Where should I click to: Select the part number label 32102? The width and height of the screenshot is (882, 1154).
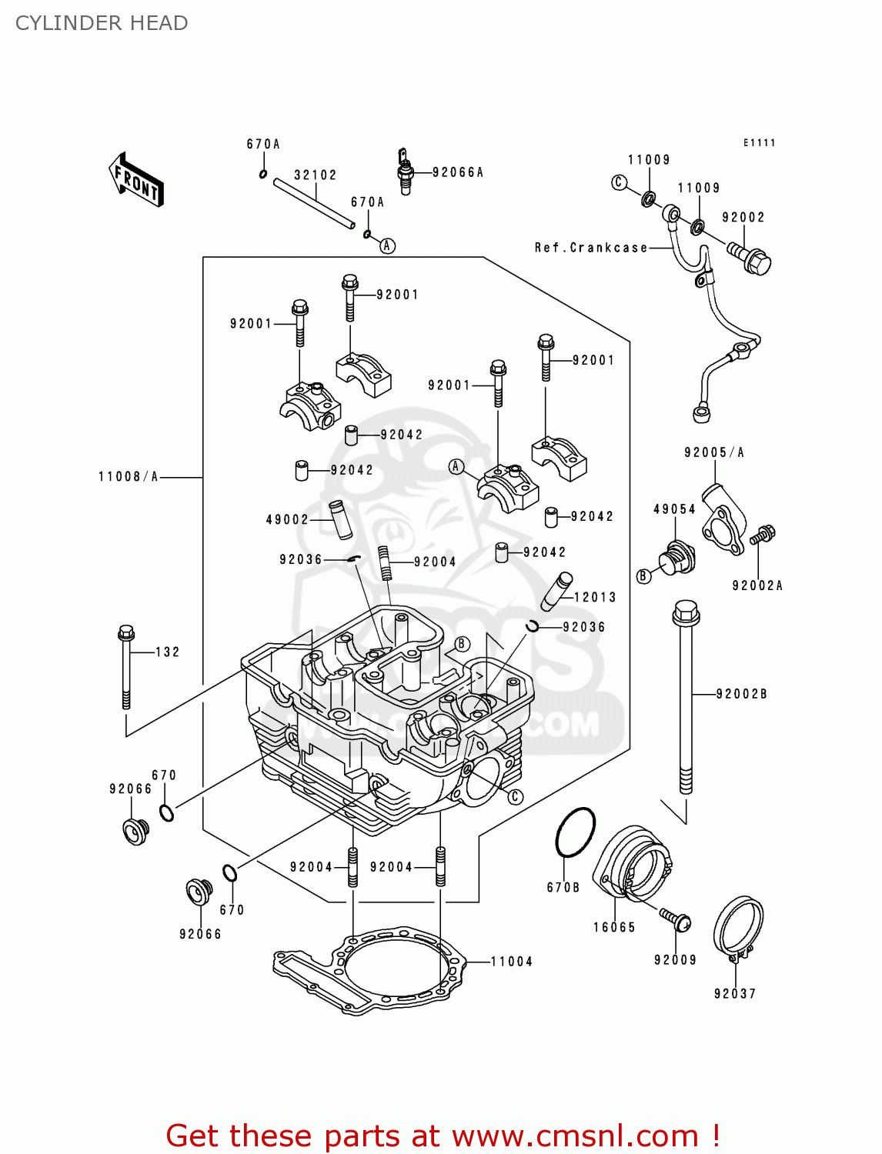coord(316,175)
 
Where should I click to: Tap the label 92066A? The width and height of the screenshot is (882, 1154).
coord(458,172)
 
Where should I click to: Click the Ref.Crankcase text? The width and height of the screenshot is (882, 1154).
coord(591,248)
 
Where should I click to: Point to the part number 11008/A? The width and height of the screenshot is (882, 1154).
coord(128,477)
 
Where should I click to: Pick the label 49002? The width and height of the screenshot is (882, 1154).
coord(287,520)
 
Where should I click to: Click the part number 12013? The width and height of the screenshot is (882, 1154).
coord(595,597)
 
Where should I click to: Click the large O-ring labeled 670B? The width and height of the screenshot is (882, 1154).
coord(575,832)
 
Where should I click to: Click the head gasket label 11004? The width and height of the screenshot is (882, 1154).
coord(512,962)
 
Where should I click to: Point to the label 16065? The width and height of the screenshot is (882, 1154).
coord(614,928)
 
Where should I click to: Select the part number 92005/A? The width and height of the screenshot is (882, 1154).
coord(714,452)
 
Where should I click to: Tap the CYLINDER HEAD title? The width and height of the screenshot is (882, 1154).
coord(102,23)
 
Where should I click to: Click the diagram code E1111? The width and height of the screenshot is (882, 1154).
coord(760,143)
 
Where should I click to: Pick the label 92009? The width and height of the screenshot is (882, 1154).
coord(675,960)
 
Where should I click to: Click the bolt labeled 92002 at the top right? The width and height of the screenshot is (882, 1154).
coord(750,258)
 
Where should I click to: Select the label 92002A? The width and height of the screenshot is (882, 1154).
coord(757,586)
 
